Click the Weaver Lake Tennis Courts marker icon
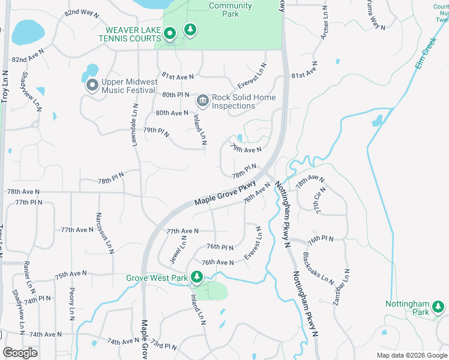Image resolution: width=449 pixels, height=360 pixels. (x=170, y=34)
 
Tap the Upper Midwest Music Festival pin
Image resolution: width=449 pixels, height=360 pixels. (x=92, y=86)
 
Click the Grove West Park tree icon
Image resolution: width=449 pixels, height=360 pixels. (x=197, y=277)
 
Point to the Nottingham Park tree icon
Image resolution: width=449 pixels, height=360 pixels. (x=438, y=307)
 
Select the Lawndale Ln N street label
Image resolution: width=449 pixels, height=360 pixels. (x=134, y=121)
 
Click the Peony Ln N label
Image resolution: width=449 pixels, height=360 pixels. (x=72, y=302)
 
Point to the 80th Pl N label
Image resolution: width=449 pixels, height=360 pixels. (x=175, y=95)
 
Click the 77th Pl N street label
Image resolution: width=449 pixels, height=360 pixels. (x=29, y=203)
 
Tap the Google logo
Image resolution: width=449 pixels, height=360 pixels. (x=20, y=353)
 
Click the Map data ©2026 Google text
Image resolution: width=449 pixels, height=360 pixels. (x=412, y=355)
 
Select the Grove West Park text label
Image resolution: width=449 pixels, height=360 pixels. (x=157, y=278)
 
